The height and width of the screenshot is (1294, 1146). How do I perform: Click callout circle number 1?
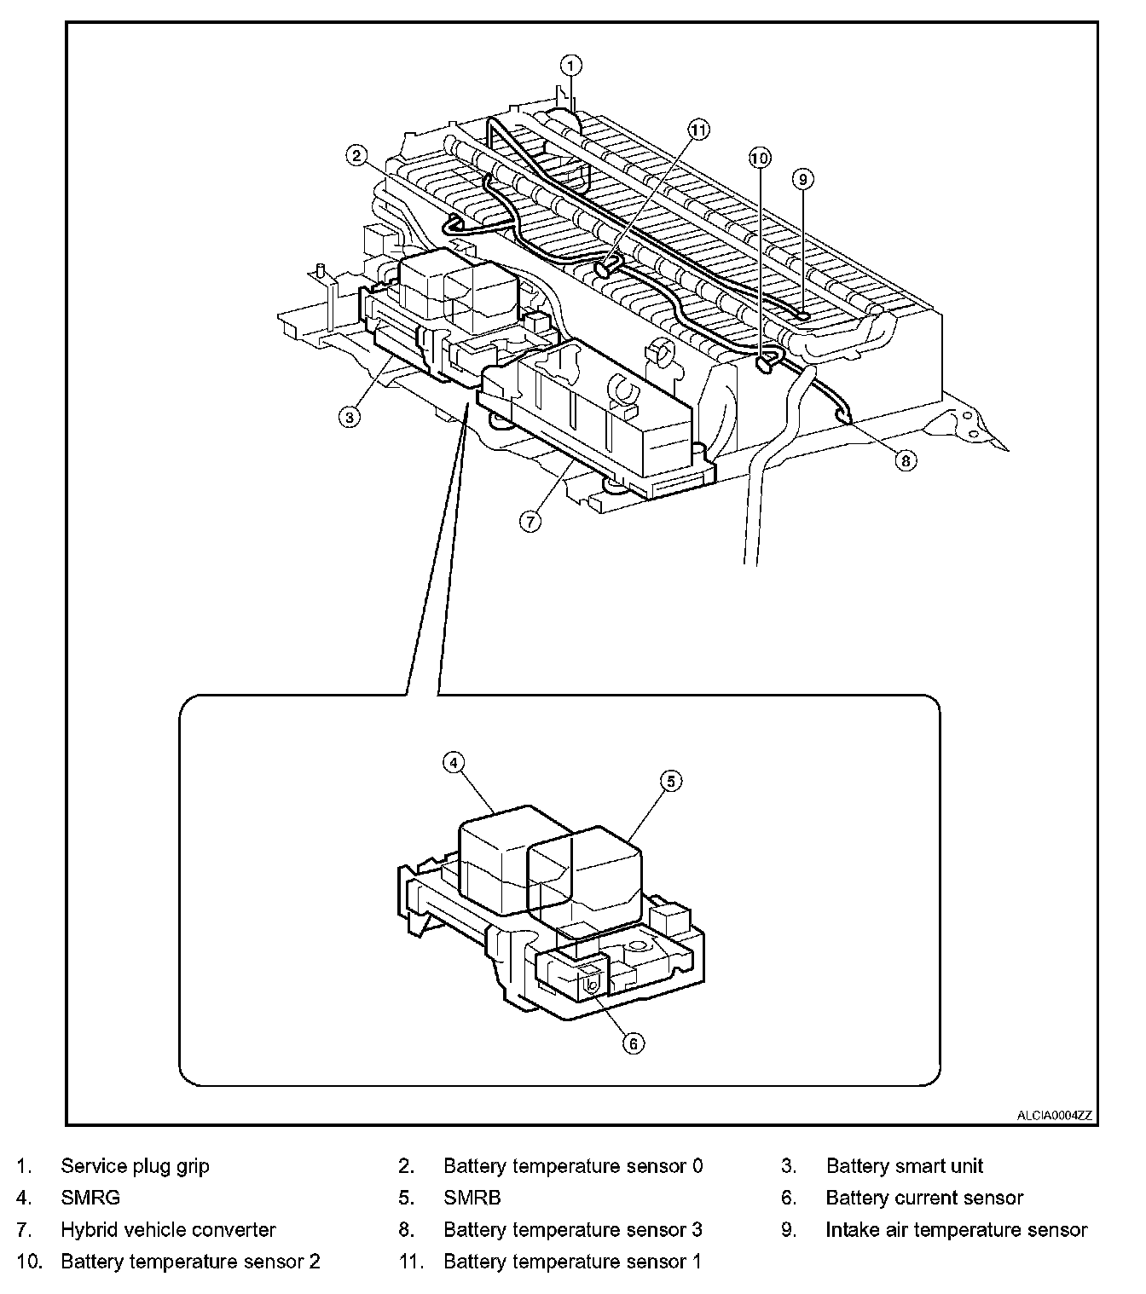click(x=571, y=65)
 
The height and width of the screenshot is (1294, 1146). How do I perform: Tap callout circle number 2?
click(x=356, y=154)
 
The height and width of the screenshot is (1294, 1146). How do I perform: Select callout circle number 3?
click(x=349, y=417)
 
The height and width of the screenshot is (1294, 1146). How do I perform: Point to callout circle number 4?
click(x=454, y=761)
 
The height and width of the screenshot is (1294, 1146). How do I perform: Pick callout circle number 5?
click(x=671, y=780)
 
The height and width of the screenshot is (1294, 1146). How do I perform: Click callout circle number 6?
click(x=633, y=1043)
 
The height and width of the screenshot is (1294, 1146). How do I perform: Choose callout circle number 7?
click(x=530, y=521)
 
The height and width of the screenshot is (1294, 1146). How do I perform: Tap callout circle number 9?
click(x=802, y=178)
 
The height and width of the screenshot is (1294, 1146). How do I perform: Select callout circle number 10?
click(x=760, y=157)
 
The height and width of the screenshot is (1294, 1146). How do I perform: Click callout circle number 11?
click(x=698, y=130)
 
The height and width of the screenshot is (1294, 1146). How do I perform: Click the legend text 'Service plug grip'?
click(x=135, y=1166)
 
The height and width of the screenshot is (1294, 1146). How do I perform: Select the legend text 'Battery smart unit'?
click(x=904, y=1166)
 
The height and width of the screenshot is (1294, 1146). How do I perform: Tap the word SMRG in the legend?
click(x=90, y=1198)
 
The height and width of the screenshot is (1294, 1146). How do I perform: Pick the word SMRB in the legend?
click(x=472, y=1198)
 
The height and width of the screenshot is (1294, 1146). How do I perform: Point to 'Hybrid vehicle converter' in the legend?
click(x=168, y=1230)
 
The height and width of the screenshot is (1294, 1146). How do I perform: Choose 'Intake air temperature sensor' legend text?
click(x=956, y=1230)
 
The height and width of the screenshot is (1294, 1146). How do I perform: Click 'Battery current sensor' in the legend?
click(x=924, y=1198)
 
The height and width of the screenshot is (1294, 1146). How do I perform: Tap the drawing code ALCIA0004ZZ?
click(x=1054, y=1115)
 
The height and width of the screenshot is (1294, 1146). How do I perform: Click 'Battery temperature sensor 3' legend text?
click(x=573, y=1230)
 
